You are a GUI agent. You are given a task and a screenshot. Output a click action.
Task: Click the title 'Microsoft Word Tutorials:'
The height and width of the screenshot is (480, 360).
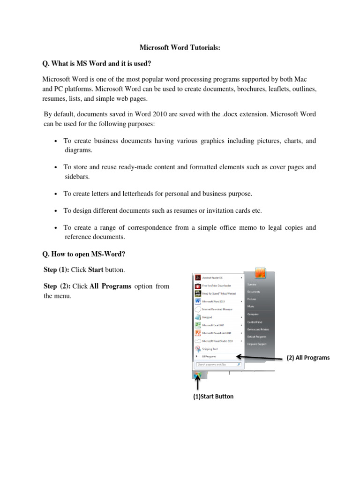180,47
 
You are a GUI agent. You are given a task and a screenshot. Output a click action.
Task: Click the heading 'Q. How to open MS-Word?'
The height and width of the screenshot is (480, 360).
84,254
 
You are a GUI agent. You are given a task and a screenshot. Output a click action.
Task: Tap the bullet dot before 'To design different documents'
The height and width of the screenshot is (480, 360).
56,211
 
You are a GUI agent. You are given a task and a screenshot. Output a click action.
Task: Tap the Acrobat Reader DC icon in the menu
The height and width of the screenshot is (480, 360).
198,277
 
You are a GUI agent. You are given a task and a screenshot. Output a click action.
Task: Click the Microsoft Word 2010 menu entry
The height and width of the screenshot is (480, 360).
214,301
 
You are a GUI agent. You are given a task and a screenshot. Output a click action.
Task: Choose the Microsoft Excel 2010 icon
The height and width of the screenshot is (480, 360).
198,325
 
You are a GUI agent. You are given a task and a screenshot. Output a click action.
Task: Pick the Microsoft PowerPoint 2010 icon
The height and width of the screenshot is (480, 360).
198,333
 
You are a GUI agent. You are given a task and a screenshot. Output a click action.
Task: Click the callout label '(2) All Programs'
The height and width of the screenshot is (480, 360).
308,358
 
